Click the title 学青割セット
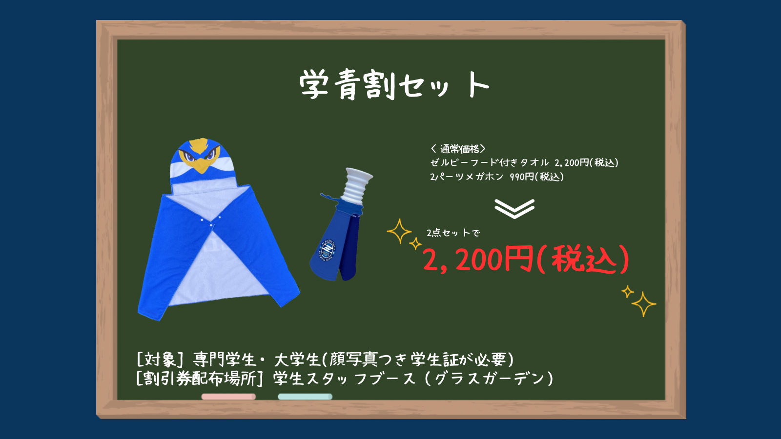coord(394,85)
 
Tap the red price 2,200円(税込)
coord(526,259)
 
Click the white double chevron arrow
coord(514,209)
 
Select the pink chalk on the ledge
coord(229,397)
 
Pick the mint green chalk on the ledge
coord(305,397)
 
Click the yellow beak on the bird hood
coord(201,165)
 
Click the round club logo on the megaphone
coord(328,250)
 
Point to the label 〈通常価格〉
coord(458,149)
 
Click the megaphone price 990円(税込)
coord(536,177)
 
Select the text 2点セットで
coord(453,233)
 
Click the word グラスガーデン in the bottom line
coord(489,379)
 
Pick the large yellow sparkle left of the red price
coord(399,231)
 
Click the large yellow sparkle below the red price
coord(644,304)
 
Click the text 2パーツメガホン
coord(467,177)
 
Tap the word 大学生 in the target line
coord(297,359)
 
